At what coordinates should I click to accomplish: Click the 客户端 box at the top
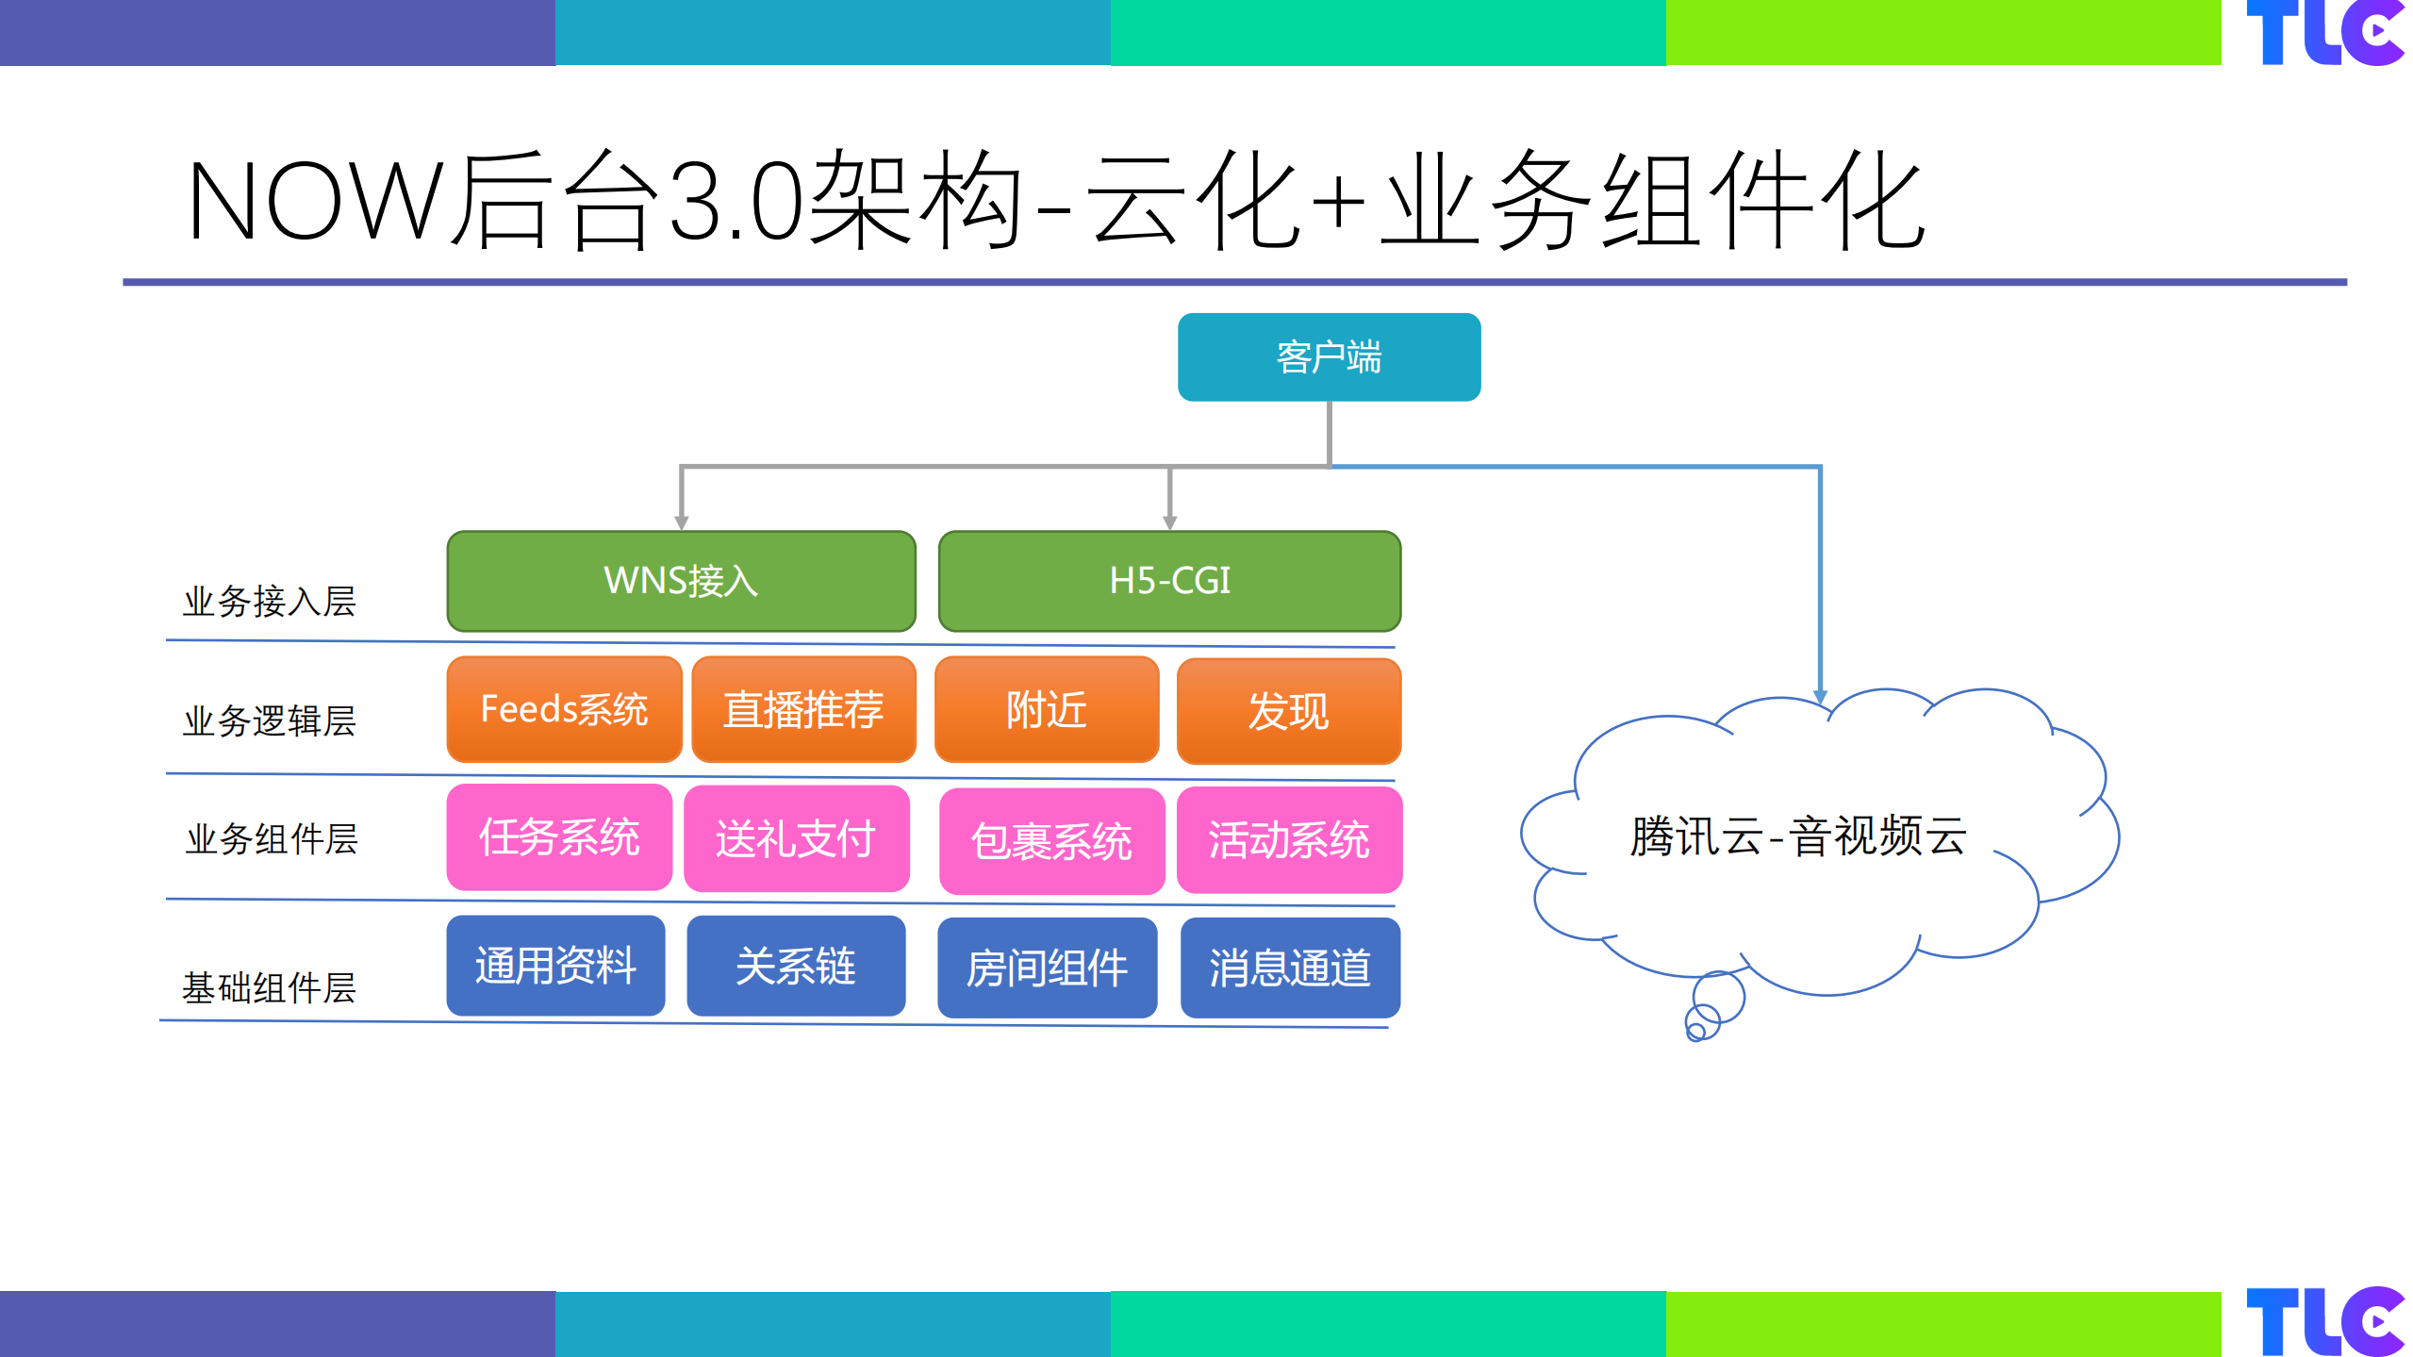pos(1328,357)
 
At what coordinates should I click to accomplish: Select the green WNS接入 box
pos(681,581)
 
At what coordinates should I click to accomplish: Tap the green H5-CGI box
pos(1169,581)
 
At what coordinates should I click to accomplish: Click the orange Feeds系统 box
pos(564,709)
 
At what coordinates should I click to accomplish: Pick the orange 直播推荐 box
pos(803,709)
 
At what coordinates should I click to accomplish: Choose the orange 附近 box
pos(1046,709)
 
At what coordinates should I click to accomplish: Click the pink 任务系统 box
pos(559,837)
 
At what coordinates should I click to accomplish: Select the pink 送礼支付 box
pos(796,838)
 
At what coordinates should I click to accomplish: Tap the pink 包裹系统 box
pos(1051,840)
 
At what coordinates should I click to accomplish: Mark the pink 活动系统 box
pos(1288,839)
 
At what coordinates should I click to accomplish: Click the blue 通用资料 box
pos(555,966)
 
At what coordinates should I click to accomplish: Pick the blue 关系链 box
pos(796,966)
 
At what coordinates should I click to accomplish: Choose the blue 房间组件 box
pos(1047,968)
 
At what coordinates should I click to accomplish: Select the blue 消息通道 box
pos(1289,968)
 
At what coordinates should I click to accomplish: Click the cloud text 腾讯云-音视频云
pos(1797,836)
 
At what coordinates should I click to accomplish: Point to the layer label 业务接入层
pos(270,602)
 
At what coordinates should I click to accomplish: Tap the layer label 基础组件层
pos(270,987)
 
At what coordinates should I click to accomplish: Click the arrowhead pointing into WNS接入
pos(681,522)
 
